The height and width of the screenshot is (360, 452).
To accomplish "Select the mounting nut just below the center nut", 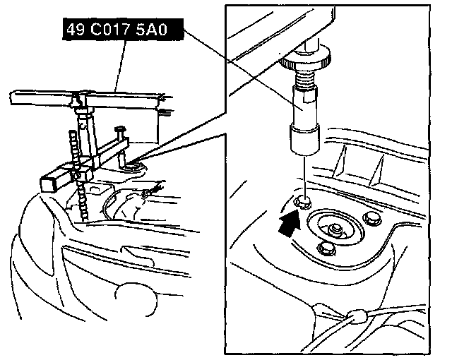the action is coord(326,248).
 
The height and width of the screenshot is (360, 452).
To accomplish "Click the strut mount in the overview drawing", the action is coord(132,169).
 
